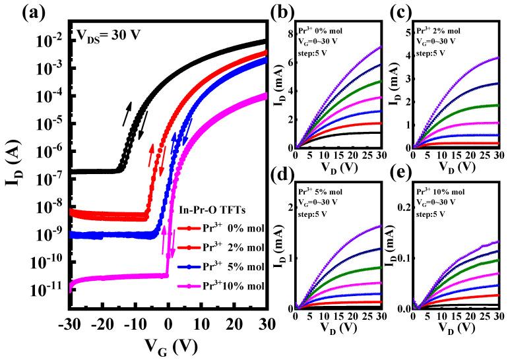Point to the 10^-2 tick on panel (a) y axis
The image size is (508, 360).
coord(51,40)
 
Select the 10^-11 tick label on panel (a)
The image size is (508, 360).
coord(49,289)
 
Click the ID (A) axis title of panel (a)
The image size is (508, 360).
coord(14,165)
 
